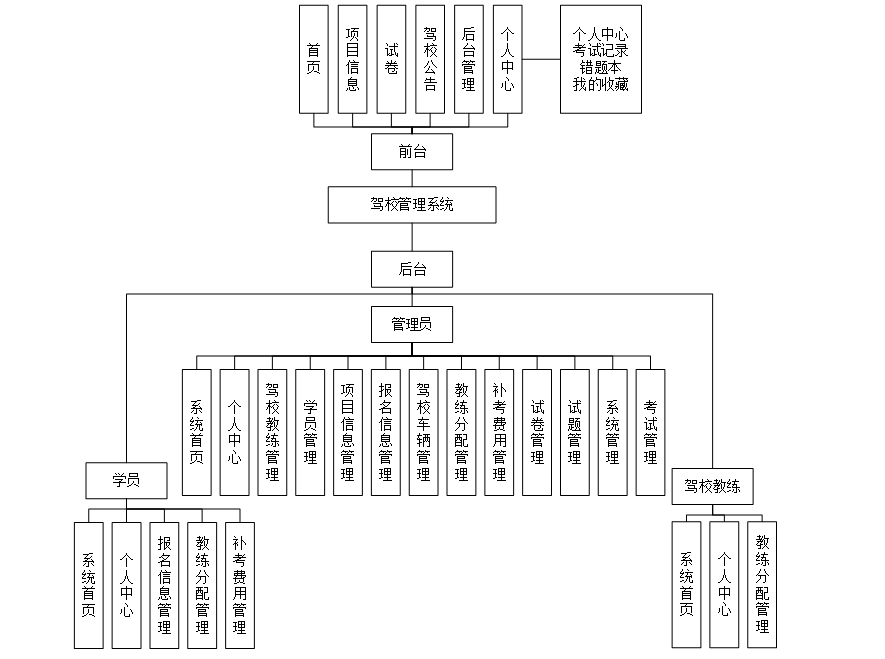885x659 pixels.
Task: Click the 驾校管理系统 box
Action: (x=411, y=205)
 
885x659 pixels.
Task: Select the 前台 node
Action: (x=411, y=152)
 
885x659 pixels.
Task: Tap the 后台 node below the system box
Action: (x=411, y=269)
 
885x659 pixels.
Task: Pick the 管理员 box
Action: (x=411, y=324)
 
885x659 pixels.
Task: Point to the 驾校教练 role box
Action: (x=712, y=488)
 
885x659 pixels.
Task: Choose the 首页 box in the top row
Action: (x=314, y=59)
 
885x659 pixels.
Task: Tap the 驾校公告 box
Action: (x=430, y=59)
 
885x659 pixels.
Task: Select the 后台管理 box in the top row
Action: (x=468, y=59)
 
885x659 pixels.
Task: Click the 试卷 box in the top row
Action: (x=391, y=59)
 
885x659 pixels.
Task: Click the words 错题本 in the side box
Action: (x=600, y=68)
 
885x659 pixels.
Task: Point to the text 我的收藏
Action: (x=600, y=84)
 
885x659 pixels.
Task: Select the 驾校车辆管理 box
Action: (x=423, y=432)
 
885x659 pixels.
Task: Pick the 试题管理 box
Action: (x=574, y=432)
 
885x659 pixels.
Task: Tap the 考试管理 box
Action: (x=650, y=432)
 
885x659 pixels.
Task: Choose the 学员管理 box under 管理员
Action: (x=310, y=432)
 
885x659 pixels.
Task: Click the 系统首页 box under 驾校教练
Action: (x=686, y=584)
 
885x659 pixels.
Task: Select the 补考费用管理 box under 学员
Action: (x=239, y=584)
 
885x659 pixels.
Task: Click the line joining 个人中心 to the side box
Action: (x=540, y=59)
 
